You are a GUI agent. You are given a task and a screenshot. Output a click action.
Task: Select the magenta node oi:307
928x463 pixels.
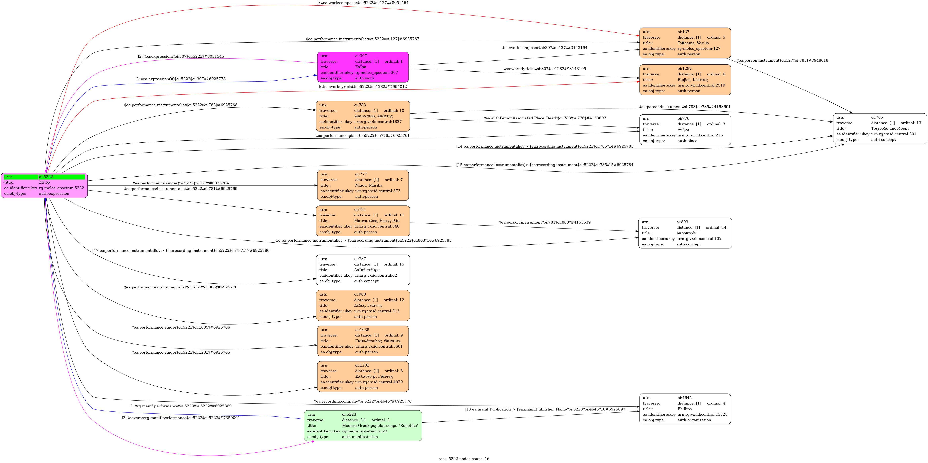pos(363,67)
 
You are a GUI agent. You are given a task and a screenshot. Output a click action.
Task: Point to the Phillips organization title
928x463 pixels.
pos(684,409)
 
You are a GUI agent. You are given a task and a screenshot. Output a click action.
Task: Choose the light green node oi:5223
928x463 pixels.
pos(363,426)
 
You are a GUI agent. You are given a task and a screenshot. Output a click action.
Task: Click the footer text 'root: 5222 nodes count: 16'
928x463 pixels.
pos(464,459)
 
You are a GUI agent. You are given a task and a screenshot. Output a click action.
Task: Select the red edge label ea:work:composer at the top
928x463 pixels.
pos(363,3)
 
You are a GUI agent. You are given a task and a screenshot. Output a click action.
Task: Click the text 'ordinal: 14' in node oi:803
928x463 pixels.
pos(716,228)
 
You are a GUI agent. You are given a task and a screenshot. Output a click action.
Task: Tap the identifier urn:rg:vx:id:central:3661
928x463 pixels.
pos(379,346)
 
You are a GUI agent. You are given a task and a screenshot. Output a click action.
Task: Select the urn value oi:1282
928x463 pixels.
pos(684,68)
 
